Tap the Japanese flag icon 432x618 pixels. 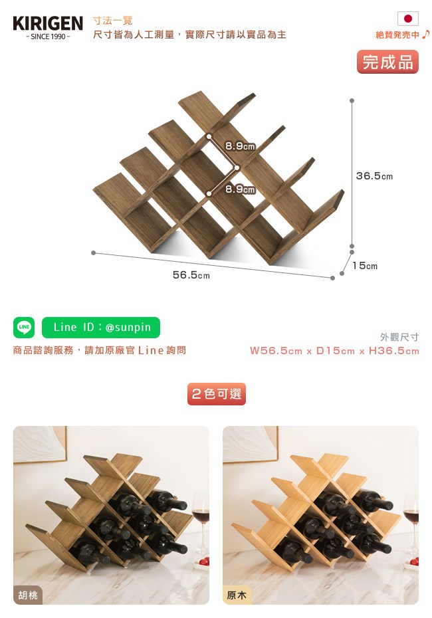click(408, 19)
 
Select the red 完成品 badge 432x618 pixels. click(387, 62)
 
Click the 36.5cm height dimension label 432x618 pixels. click(374, 176)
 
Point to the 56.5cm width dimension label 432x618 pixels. click(191, 274)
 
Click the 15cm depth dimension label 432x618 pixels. click(365, 266)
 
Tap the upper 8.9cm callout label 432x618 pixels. click(240, 146)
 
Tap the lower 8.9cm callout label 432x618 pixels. click(240, 189)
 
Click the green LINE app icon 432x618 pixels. click(24, 327)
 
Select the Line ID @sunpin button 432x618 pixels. click(101, 327)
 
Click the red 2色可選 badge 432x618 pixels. click(217, 394)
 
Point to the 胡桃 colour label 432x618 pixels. click(28, 595)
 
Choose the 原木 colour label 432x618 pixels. click(237, 595)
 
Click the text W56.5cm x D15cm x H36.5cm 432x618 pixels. click(334, 350)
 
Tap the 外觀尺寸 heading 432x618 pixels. click(399, 337)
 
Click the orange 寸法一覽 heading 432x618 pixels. click(113, 21)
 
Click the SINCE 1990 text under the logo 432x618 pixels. click(48, 37)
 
